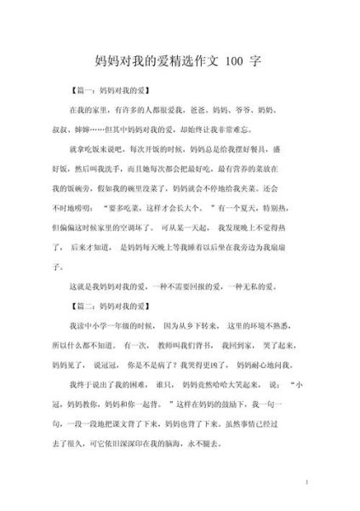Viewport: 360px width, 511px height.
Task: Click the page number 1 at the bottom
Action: (x=304, y=482)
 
